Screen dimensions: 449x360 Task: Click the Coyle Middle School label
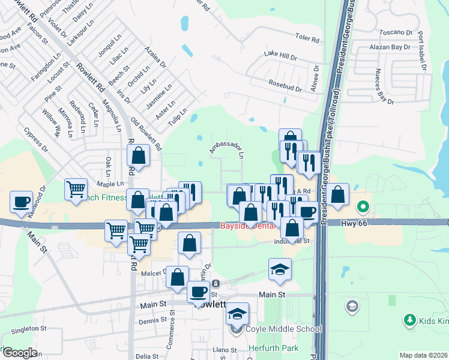[x=283, y=329]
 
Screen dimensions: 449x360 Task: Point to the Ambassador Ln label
[x=227, y=149]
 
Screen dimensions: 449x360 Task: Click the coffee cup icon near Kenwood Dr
[x=22, y=202]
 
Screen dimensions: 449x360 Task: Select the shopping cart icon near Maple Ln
[x=76, y=190]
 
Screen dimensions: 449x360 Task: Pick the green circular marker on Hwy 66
[x=363, y=208]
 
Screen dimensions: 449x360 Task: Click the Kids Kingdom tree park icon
[x=410, y=321]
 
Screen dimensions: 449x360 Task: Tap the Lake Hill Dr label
[x=281, y=56]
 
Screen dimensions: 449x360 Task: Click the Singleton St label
[x=29, y=329]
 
